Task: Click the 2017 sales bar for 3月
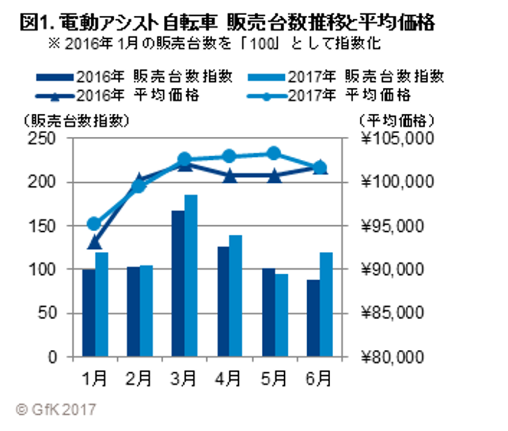point(191,275)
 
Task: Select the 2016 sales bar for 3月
point(178,283)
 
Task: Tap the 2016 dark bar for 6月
point(313,318)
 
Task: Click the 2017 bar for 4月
point(236,296)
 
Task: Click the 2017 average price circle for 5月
point(274,153)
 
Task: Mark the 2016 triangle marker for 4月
point(229,176)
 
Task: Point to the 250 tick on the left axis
point(45,139)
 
